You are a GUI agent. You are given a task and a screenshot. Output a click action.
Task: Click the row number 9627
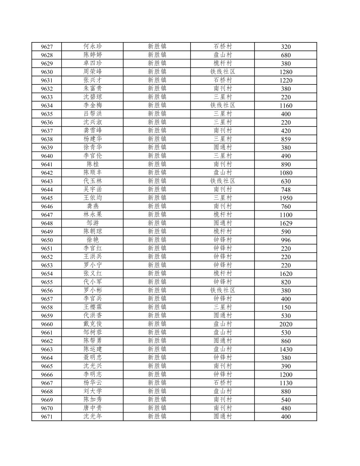pos(47,47)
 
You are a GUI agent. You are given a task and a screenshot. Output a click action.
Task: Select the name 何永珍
pos(93,46)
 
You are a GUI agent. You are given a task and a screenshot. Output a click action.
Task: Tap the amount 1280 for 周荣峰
pos(286,72)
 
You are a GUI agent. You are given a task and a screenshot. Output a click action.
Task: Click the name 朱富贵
pos(93,88)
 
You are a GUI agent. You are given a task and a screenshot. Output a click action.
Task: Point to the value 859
pos(286,139)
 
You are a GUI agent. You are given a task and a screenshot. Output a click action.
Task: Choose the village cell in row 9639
pos(223,147)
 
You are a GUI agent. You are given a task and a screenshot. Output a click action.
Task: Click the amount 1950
pos(286,198)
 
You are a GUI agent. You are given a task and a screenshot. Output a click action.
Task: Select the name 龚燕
pos(93,206)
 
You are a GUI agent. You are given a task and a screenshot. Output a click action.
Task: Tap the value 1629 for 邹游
pos(286,223)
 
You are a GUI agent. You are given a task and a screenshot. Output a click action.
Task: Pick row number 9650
pos(47,240)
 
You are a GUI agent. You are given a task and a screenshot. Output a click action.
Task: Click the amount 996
pos(286,240)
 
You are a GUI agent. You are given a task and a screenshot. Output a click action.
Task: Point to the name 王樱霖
pos(93,307)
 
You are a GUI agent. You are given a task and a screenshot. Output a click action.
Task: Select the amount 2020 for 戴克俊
pos(286,324)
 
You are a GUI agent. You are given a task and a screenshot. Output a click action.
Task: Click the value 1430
pos(286,349)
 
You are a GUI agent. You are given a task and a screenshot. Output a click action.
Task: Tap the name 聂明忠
pos(93,357)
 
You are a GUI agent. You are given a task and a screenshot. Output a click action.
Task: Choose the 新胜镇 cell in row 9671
pos(157,416)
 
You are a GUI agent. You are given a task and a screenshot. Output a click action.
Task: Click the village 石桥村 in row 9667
pos(223,383)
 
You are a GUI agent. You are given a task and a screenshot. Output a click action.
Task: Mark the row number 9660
pos(47,324)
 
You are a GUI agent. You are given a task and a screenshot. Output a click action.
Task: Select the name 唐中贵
pos(93,408)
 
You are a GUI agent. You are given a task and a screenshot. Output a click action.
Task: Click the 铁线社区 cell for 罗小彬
pos(223,290)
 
